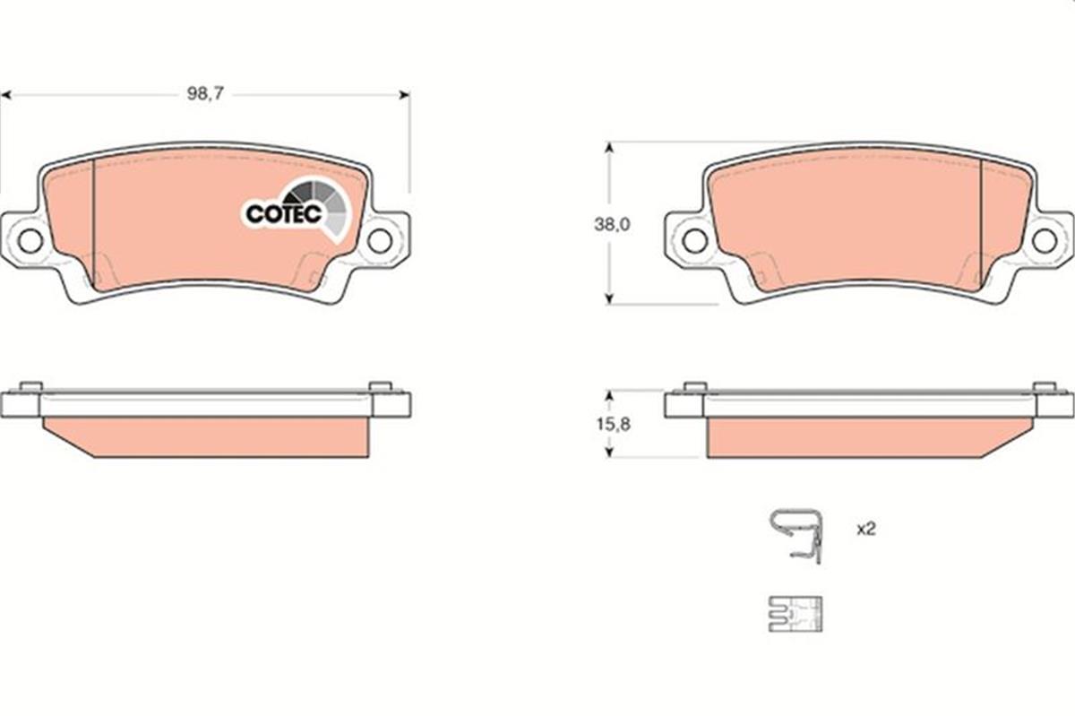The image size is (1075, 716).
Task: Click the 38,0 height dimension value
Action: pyautogui.click(x=612, y=226)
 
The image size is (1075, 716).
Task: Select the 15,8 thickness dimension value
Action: pyautogui.click(x=612, y=425)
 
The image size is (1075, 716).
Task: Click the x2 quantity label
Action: pyautogui.click(x=864, y=530)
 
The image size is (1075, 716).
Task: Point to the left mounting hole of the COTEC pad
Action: pyautogui.click(x=30, y=240)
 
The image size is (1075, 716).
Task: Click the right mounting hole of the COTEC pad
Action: pyautogui.click(x=380, y=240)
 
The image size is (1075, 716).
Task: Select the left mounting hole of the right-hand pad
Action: pyautogui.click(x=694, y=240)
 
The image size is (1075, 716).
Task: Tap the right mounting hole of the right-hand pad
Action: pyautogui.click(x=1044, y=240)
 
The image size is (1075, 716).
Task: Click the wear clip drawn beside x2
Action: pyautogui.click(x=795, y=535)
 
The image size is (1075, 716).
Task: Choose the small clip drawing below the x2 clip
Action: pyautogui.click(x=795, y=614)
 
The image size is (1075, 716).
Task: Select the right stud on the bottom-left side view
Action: pyautogui.click(x=380, y=387)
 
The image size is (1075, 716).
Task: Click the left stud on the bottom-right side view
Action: pyautogui.click(x=694, y=387)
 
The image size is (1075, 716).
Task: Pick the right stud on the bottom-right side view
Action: pyautogui.click(x=1044, y=387)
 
